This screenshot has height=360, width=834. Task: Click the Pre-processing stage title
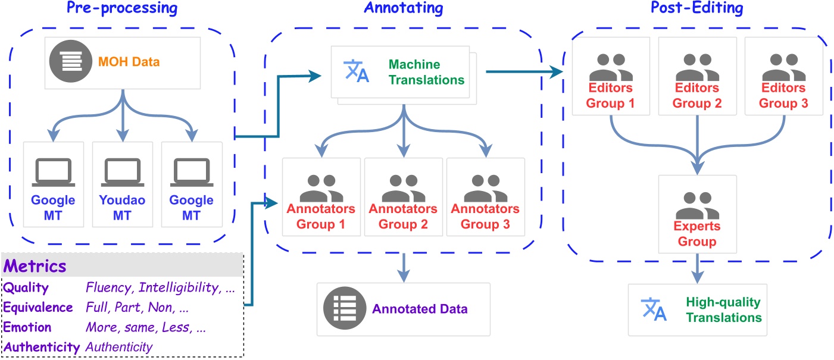pyautogui.click(x=122, y=9)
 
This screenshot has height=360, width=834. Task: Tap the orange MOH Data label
pyautogui.click(x=129, y=62)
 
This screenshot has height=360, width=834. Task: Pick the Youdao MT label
pyautogui.click(x=123, y=207)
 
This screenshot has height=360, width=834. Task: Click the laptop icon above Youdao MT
pyautogui.click(x=123, y=172)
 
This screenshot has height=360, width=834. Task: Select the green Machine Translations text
pyautogui.click(x=426, y=71)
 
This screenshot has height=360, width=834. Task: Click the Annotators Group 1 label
pyautogui.click(x=321, y=217)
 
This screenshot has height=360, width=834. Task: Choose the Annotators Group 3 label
pyautogui.click(x=485, y=217)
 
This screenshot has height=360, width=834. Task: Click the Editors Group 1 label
pyautogui.click(x=611, y=95)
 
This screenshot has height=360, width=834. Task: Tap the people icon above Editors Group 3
pyautogui.click(x=783, y=67)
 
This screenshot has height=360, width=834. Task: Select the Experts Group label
pyautogui.click(x=697, y=234)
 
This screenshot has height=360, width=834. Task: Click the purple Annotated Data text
pyautogui.click(x=420, y=309)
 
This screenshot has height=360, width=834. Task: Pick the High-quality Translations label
pyautogui.click(x=723, y=309)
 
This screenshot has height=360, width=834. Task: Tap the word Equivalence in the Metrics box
pyautogui.click(x=38, y=307)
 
